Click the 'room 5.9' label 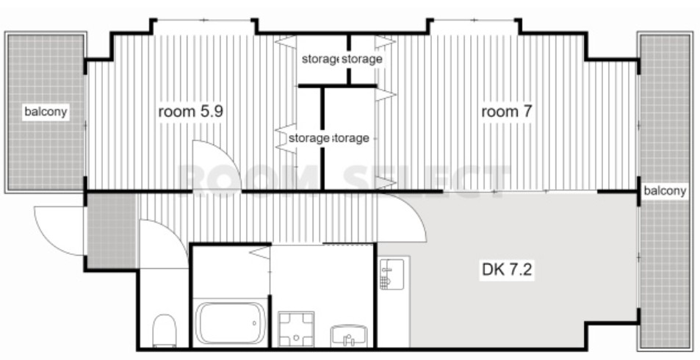(191, 112)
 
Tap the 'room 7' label (507, 111)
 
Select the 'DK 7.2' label (507, 270)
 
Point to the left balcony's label (46, 111)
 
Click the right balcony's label (664, 191)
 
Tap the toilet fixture (165, 331)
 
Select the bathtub (231, 323)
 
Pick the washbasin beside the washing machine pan (349, 336)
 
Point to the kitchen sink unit (392, 274)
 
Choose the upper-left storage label (320, 59)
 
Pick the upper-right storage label (362, 59)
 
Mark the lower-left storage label (308, 138)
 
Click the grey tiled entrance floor (112, 231)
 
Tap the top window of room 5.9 (204, 20)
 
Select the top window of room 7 (475, 20)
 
